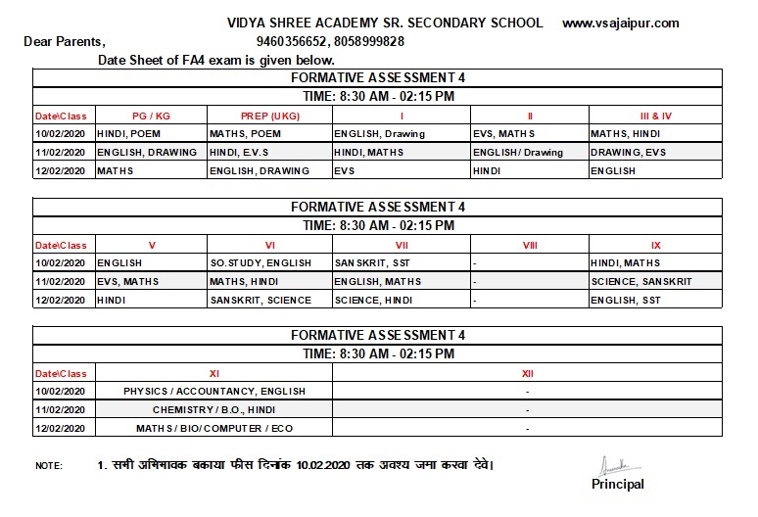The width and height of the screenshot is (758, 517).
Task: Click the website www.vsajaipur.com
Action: coord(621,23)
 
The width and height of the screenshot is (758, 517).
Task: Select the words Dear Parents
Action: coord(65,42)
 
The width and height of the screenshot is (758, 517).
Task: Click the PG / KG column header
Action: coord(151,116)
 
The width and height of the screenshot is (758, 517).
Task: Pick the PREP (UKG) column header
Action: coord(269,116)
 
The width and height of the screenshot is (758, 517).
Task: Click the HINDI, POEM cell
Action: coord(123,134)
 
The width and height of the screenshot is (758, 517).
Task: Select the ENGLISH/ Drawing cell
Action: coord(518,153)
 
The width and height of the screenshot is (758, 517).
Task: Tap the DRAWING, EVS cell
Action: coord(628,153)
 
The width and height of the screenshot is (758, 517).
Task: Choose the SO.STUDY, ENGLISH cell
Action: coord(261,263)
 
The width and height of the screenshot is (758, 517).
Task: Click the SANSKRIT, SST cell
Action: coord(373,263)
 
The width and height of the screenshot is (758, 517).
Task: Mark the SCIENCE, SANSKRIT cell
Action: coord(640,282)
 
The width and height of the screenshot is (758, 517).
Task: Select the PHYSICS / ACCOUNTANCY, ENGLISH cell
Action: coord(214,392)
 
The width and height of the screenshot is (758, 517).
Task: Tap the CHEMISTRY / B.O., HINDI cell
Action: coord(214,410)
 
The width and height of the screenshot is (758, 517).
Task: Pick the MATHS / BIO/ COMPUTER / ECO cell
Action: coord(214,429)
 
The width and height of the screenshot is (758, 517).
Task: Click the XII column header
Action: coord(528,373)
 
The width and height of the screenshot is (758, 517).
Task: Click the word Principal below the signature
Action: coord(617,484)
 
